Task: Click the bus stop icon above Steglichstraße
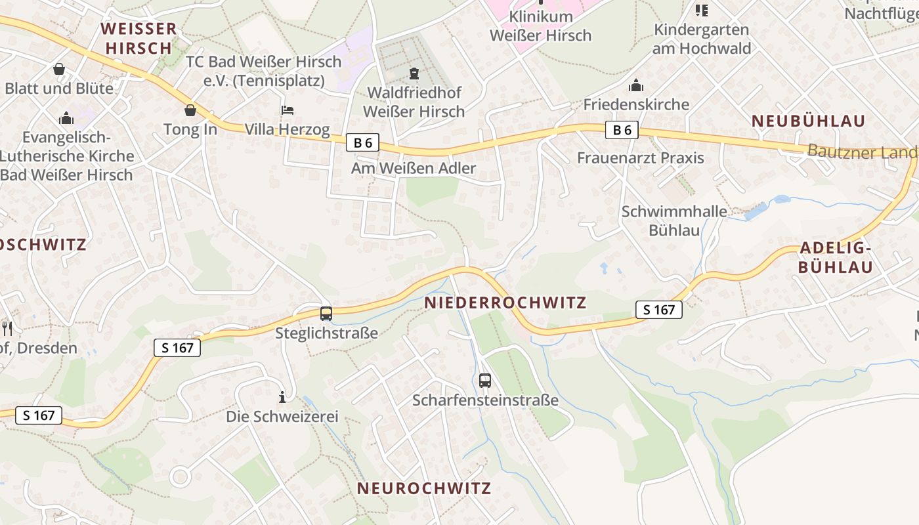[326, 314]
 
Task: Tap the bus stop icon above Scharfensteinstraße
[485, 380]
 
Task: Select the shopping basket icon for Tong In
[190, 110]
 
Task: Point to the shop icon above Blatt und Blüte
[59, 69]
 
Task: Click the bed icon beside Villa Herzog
[288, 110]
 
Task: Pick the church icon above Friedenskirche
[635, 85]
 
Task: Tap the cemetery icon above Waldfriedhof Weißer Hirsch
[414, 73]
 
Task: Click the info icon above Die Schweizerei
[282, 397]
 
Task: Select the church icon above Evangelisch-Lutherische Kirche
[66, 118]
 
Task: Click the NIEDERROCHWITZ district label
[505, 303]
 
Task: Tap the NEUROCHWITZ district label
[424, 488]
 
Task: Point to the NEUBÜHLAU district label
[808, 121]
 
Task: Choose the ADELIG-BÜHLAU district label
[836, 258]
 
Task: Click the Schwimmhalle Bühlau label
[674, 220]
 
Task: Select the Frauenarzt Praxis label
[640, 158]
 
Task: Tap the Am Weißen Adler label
[414, 169]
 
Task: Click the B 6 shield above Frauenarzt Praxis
[622, 130]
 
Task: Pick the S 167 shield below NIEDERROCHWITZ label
[659, 310]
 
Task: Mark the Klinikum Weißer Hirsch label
[540, 26]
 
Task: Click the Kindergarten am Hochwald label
[702, 39]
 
